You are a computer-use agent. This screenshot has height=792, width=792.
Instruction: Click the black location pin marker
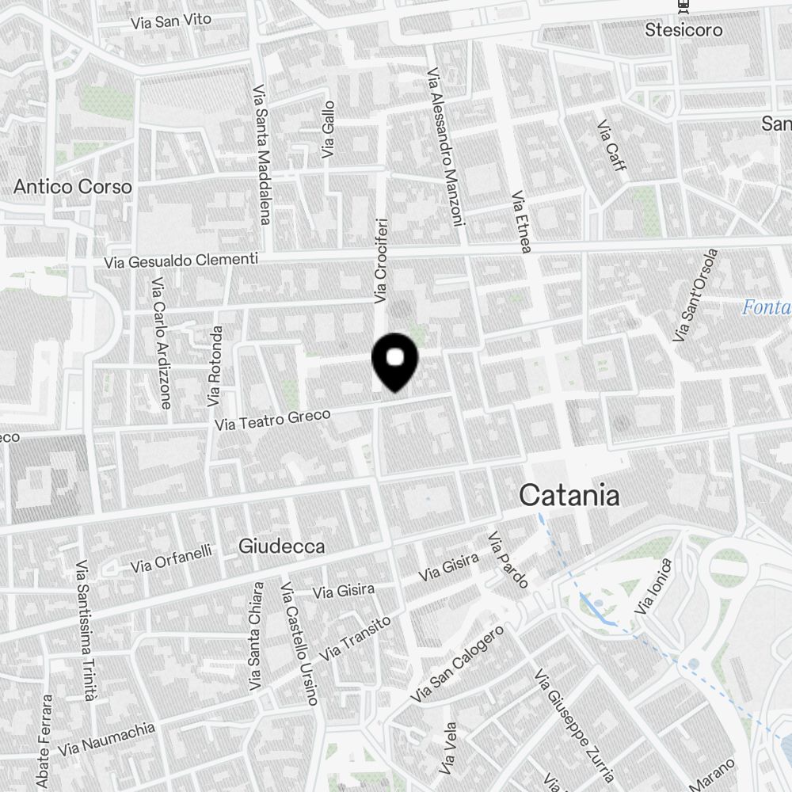394,360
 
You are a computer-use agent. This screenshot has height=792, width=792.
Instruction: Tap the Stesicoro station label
683,30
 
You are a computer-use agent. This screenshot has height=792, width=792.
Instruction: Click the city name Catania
569,496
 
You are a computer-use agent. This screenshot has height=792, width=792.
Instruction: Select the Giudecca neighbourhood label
281,546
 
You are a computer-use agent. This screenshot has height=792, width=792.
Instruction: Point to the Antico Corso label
73,187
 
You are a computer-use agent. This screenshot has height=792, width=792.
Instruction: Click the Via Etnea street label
520,222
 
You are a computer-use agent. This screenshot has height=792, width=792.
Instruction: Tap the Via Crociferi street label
381,261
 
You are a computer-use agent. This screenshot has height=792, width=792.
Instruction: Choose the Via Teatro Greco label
272,421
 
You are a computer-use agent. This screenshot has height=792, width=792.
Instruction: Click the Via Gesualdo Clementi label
181,261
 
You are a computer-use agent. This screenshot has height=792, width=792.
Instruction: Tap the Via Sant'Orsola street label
696,295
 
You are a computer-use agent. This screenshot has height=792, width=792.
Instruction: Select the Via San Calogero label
458,664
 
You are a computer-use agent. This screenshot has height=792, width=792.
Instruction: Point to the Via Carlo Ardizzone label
161,343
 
